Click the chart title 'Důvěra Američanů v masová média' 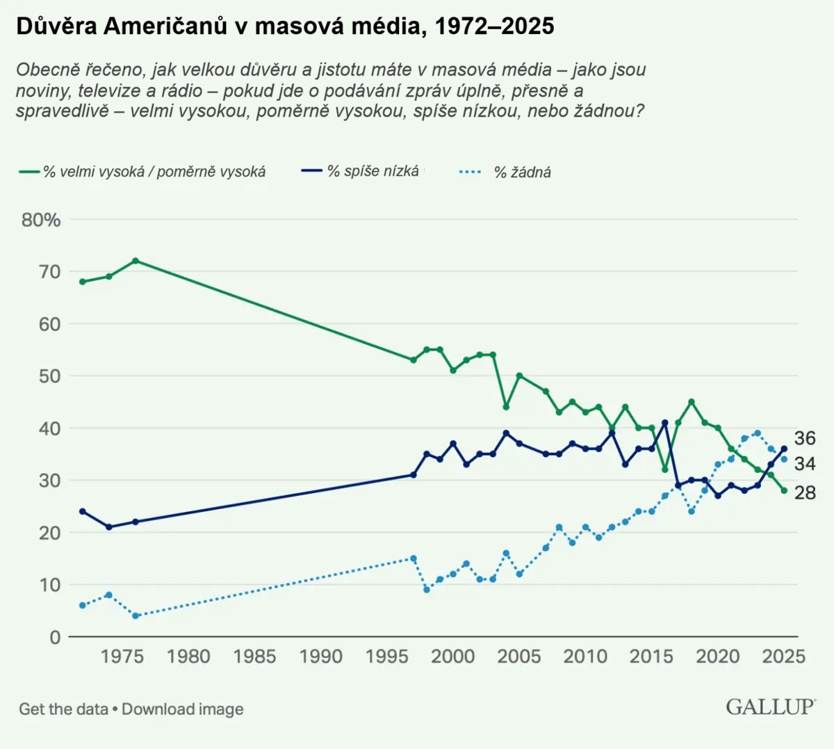coord(285,26)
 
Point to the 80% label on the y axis coord(41,220)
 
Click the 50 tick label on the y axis coord(50,376)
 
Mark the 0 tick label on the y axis coord(55,637)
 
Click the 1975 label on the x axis coord(122,657)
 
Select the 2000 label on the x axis coord(453,657)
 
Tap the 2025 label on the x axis coord(783,657)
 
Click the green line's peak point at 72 coord(136,261)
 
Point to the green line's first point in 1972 coord(83,282)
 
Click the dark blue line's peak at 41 coord(665,423)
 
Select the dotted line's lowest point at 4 coord(136,616)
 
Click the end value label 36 coord(805,438)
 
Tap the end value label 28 coord(805,493)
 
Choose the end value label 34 coord(805,464)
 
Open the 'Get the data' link coord(63,709)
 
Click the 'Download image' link coord(183,709)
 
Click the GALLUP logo coord(770,707)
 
